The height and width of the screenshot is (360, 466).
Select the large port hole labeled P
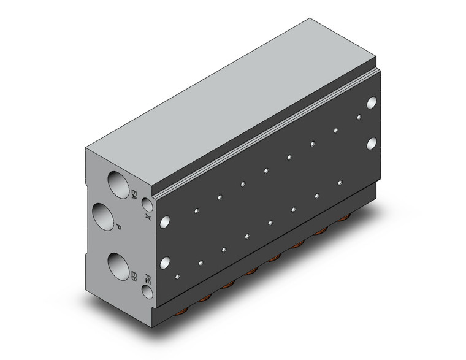pyautogui.click(x=104, y=217)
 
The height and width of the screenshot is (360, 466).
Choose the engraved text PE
pyautogui.click(x=147, y=279)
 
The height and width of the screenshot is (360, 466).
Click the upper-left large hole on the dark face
pyautogui.click(x=164, y=221)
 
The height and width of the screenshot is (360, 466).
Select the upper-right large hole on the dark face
pyautogui.click(x=372, y=102)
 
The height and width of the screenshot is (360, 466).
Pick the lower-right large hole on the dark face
pyautogui.click(x=372, y=144)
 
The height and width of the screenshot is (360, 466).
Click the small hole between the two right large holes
pyautogui.click(x=359, y=115)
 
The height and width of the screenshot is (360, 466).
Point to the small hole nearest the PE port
pyautogui.click(x=178, y=277)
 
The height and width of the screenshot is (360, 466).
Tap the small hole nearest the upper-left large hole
pyautogui.click(x=196, y=211)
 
